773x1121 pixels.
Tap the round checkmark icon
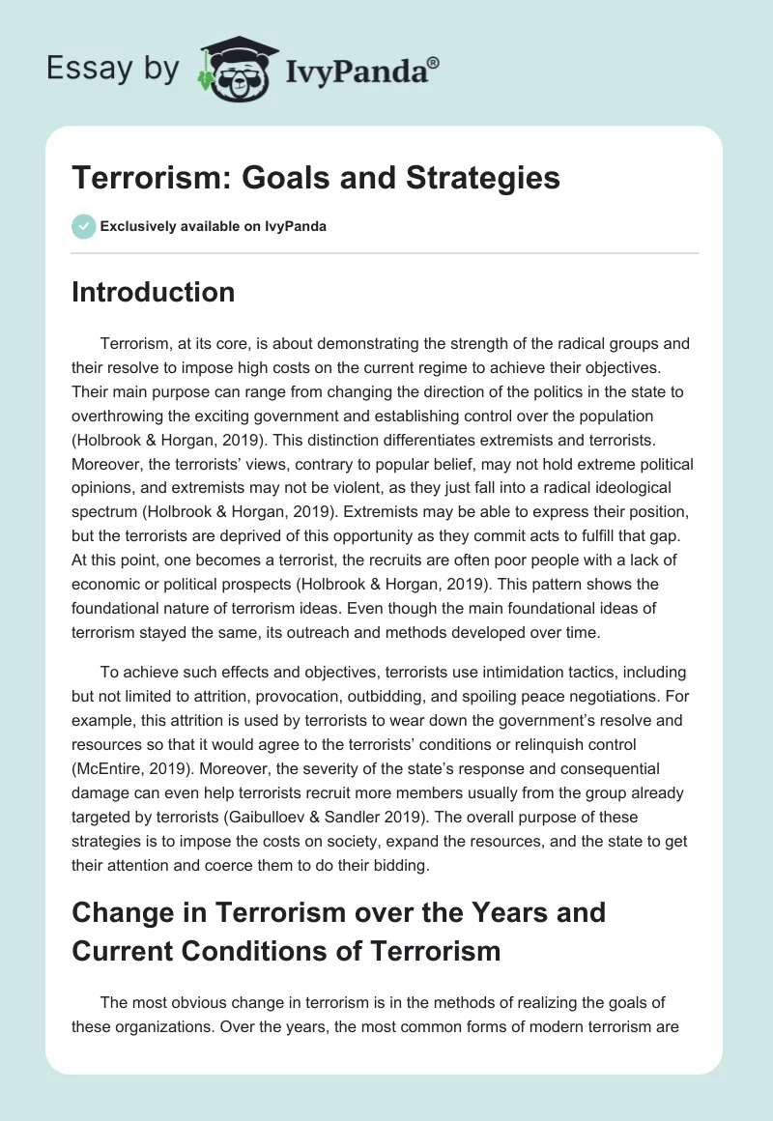[x=83, y=226]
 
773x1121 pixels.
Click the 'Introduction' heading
[x=153, y=292]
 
